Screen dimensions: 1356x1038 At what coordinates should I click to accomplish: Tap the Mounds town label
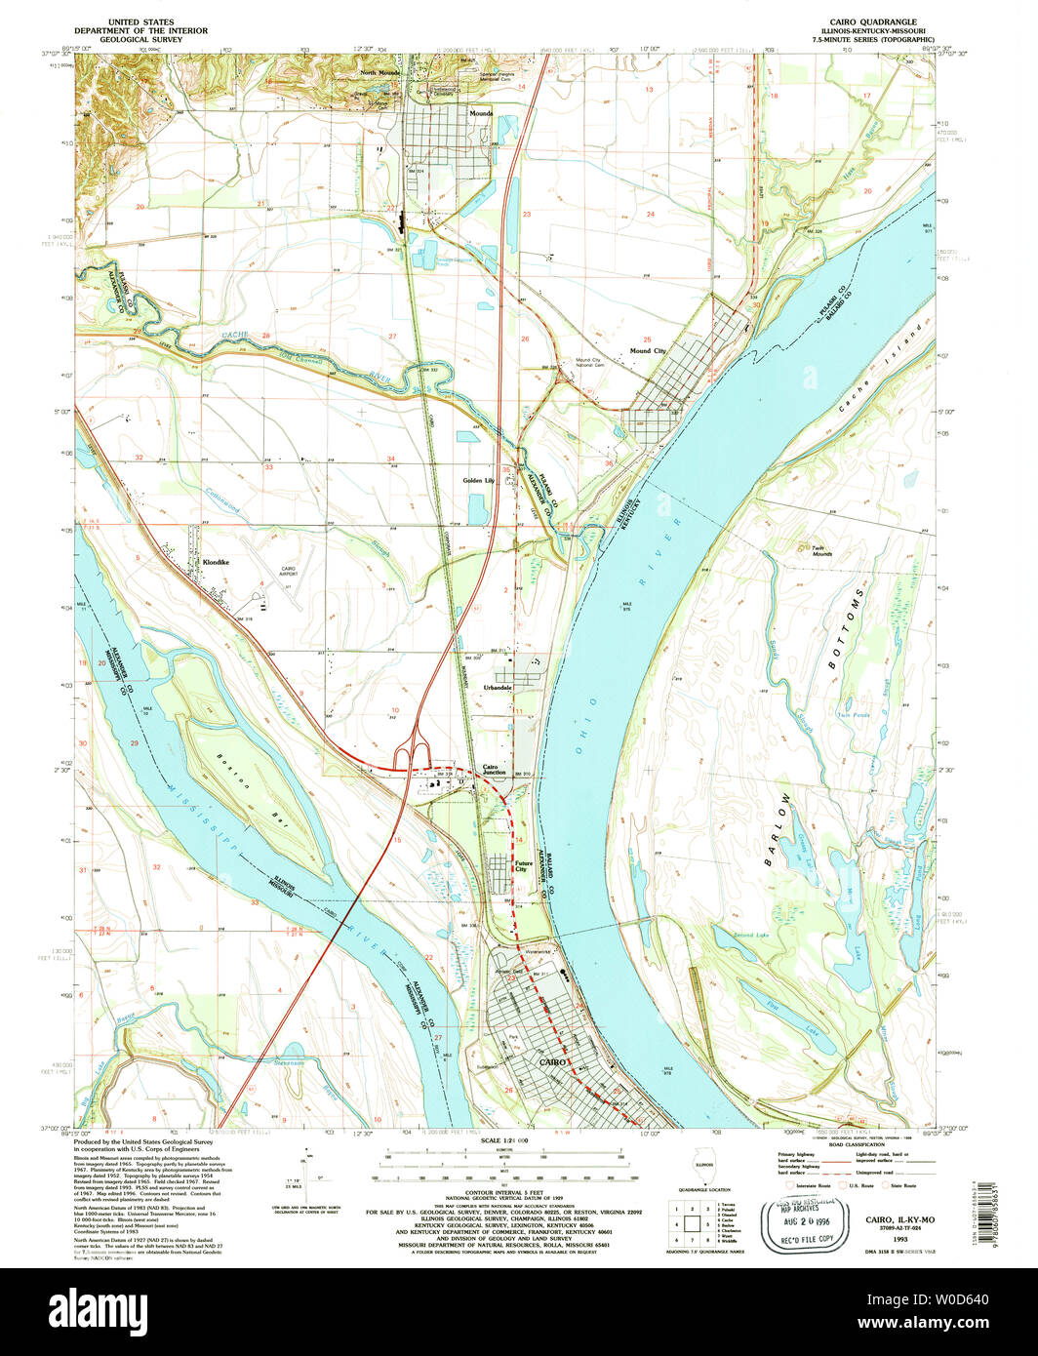(480, 113)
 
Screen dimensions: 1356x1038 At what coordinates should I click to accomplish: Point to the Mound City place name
(648, 350)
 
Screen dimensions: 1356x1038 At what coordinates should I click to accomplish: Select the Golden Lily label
(479, 481)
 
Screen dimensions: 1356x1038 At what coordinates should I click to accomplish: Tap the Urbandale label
(498, 688)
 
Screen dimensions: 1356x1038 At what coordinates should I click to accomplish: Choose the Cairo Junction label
(495, 770)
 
